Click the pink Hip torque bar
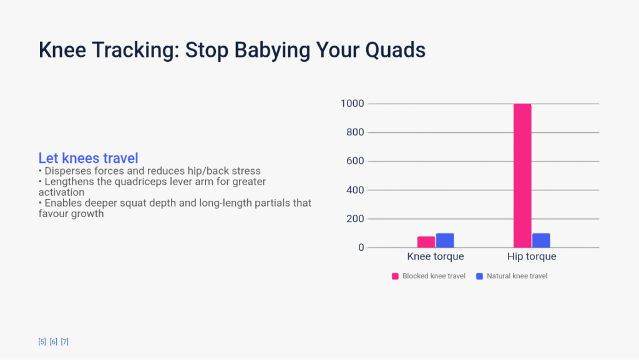522,175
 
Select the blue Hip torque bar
541,240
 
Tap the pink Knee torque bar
426,242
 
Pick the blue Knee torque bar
445,240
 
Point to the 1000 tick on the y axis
352,104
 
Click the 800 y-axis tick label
355,132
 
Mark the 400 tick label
355,190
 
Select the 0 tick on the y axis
361,247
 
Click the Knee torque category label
435,256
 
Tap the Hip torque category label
532,256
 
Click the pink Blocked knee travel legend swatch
395,276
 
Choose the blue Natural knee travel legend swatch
479,276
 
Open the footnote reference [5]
42,342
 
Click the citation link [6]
54,342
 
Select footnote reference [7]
65,342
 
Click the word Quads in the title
395,50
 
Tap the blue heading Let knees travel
89,158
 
